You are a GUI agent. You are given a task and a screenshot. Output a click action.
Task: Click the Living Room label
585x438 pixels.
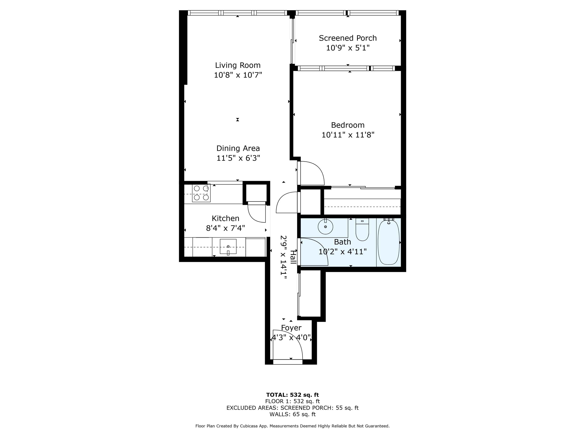click(237, 65)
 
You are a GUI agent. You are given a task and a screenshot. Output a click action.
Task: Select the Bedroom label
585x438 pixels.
click(348, 125)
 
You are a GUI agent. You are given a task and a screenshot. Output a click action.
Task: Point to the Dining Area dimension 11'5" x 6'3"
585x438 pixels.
click(238, 158)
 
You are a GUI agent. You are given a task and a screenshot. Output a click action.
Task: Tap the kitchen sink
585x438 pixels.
click(228, 246)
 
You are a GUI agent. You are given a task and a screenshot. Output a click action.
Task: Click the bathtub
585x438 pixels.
click(388, 242)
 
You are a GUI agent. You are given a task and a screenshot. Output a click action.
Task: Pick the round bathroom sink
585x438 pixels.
click(325, 227)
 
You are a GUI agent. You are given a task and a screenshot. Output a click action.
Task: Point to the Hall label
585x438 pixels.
click(293, 257)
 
